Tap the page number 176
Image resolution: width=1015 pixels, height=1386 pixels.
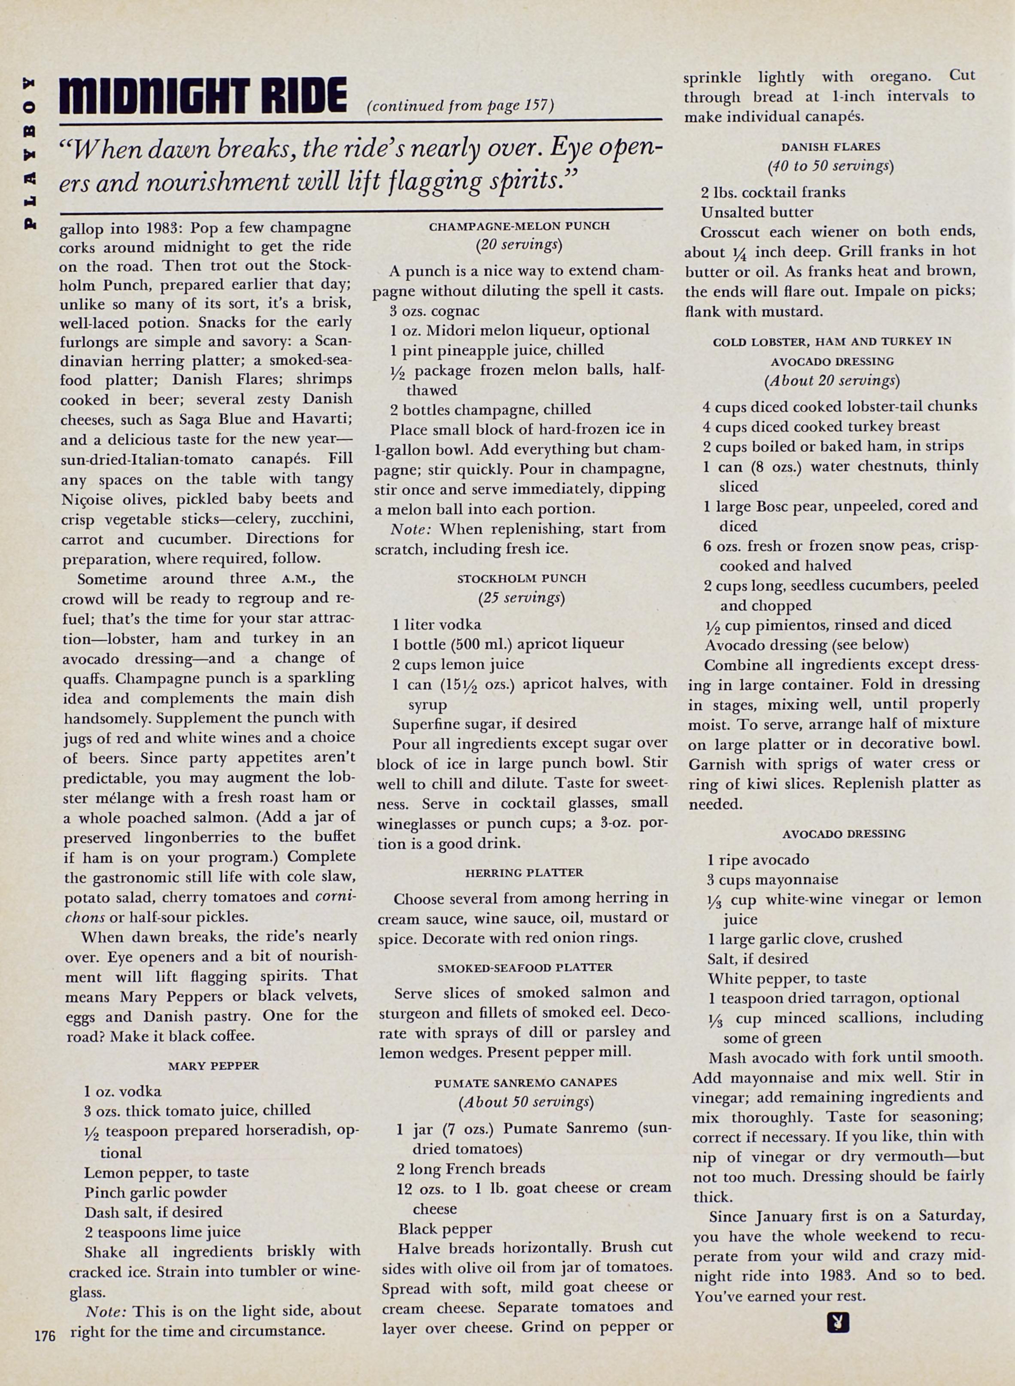(x=45, y=1332)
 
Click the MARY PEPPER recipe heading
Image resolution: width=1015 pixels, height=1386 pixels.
(x=213, y=1065)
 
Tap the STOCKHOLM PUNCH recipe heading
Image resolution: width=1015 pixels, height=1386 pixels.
(x=522, y=578)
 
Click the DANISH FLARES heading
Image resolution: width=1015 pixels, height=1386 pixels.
(x=831, y=147)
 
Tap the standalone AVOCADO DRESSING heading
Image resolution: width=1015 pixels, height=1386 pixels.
(x=844, y=834)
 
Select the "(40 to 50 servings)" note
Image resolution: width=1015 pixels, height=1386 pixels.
(x=831, y=166)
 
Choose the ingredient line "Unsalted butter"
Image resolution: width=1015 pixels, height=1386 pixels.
(x=757, y=213)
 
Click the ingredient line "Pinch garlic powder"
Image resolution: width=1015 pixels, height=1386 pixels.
(x=155, y=1192)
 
